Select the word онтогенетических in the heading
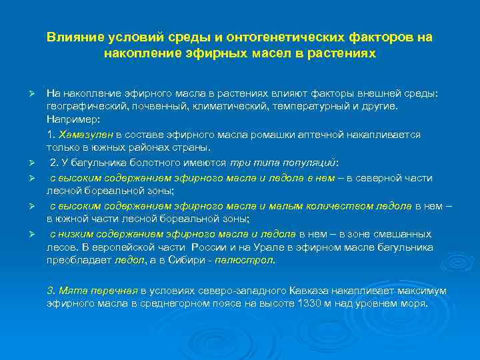(263, 38)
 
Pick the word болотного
(139, 162)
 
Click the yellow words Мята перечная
(93, 291)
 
